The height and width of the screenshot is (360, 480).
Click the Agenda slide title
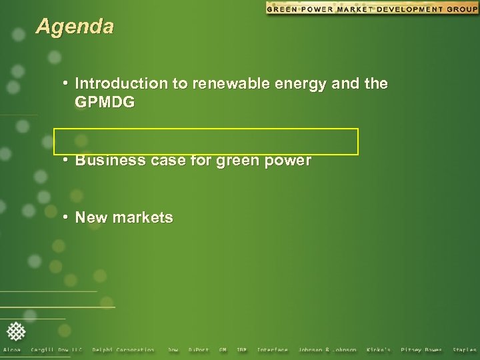coord(75,27)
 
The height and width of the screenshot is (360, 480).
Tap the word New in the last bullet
coord(91,217)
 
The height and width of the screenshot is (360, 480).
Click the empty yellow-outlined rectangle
coord(206,141)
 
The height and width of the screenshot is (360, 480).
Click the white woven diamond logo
coord(17,331)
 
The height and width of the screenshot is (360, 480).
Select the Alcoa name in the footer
coord(12,350)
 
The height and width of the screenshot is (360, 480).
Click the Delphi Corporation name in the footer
coord(123,350)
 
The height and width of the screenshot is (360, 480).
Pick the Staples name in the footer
coord(465,350)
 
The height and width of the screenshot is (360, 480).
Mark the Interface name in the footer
coord(272,350)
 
